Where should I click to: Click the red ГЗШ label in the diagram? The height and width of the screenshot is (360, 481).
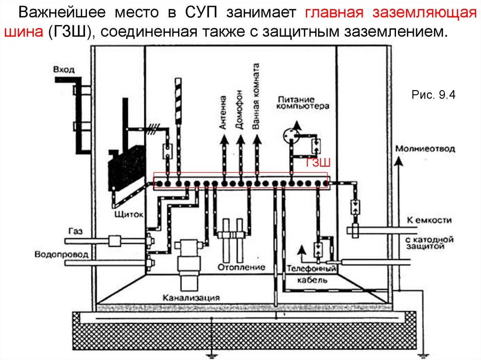[x=318, y=162]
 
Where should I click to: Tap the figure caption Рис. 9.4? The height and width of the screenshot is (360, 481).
[x=433, y=95]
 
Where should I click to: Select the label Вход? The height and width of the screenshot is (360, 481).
[x=64, y=69]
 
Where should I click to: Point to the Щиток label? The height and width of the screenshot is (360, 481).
[x=129, y=214]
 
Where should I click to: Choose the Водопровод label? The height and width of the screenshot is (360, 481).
[x=62, y=254]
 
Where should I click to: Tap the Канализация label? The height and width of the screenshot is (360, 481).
[x=191, y=298]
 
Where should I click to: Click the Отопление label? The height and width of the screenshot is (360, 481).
[x=241, y=267]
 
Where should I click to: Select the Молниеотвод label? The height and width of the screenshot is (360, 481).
[x=425, y=149]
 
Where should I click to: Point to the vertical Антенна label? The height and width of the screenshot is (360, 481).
[x=223, y=112]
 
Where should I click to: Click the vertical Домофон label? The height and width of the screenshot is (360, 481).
[x=239, y=109]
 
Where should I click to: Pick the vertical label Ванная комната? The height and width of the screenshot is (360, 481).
[x=256, y=96]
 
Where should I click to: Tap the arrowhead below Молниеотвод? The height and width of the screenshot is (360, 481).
[x=398, y=161]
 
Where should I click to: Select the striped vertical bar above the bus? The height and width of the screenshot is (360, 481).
[x=178, y=101]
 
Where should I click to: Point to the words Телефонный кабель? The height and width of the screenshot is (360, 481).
[x=311, y=274]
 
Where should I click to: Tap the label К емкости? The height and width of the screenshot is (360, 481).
[x=429, y=220]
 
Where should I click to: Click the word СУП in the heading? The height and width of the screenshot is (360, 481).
[x=201, y=12]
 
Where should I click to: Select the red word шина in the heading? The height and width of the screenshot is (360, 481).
[x=23, y=31]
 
